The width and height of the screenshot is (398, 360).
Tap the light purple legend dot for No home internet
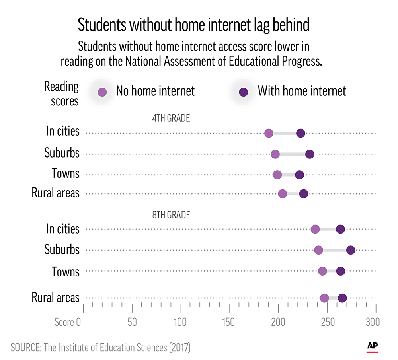click(x=103, y=92)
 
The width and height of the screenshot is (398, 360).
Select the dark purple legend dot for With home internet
click(x=244, y=92)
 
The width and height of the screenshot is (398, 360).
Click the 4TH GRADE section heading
click(x=171, y=118)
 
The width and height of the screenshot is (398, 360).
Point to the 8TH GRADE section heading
click(x=171, y=215)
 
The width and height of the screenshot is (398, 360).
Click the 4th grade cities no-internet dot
click(x=269, y=133)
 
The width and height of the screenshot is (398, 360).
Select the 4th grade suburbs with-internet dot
click(x=310, y=154)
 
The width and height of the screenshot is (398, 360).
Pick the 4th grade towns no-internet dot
click(x=277, y=175)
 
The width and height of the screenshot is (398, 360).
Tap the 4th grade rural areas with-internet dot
click(x=304, y=194)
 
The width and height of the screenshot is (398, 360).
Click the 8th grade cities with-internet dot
click(x=340, y=229)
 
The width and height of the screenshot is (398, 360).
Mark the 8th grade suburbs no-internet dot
click(x=318, y=250)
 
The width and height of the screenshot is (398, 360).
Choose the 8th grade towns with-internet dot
click(x=341, y=271)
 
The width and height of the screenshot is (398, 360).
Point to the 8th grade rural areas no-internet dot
click(x=324, y=298)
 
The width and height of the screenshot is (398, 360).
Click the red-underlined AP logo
click(x=372, y=347)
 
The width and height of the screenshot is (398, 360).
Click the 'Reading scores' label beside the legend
click(x=62, y=93)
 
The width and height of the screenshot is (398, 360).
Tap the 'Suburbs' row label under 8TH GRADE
click(x=62, y=250)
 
